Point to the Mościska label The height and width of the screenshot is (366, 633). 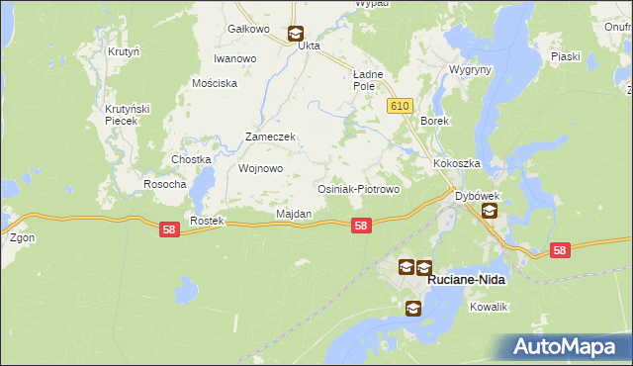click(x=216, y=84)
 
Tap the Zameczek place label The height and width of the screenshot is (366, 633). click(x=270, y=137)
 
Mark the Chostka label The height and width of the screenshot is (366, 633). click(x=192, y=159)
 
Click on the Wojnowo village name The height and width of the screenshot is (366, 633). click(x=261, y=168)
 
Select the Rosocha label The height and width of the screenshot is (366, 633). click(x=165, y=184)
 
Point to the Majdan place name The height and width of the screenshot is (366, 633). click(x=294, y=214)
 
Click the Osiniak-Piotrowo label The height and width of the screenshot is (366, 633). click(x=357, y=189)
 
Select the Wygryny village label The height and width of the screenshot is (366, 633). click(x=469, y=71)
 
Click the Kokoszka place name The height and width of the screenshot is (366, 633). click(x=456, y=163)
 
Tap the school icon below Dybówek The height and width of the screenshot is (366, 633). click(x=489, y=212)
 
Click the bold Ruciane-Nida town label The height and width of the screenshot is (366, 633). click(x=466, y=280)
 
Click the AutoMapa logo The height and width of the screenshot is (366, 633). click(x=568, y=346)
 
